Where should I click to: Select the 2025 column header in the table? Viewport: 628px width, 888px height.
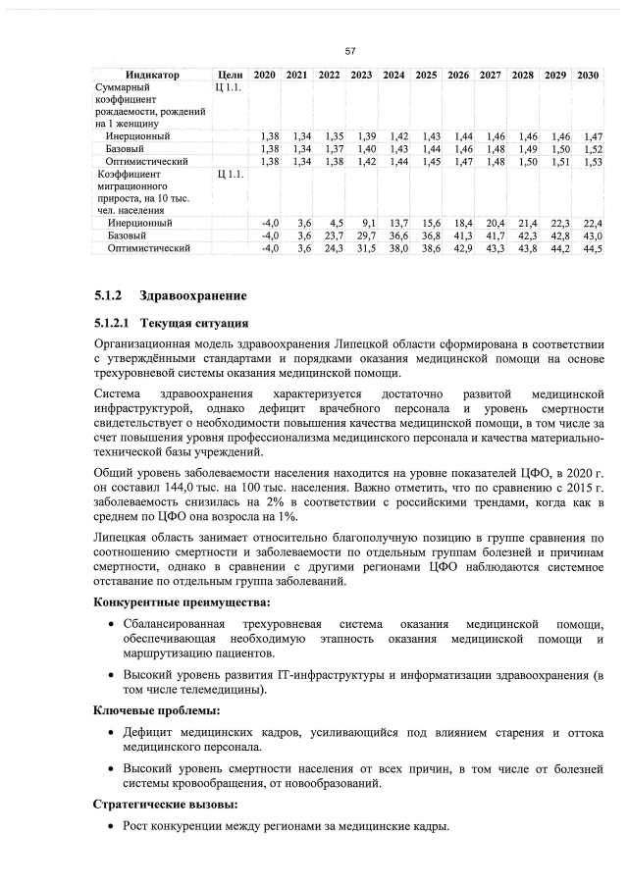[427, 75]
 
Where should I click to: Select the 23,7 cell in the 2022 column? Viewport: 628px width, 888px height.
[332, 236]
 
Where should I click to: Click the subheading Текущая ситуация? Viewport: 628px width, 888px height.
[186, 322]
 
